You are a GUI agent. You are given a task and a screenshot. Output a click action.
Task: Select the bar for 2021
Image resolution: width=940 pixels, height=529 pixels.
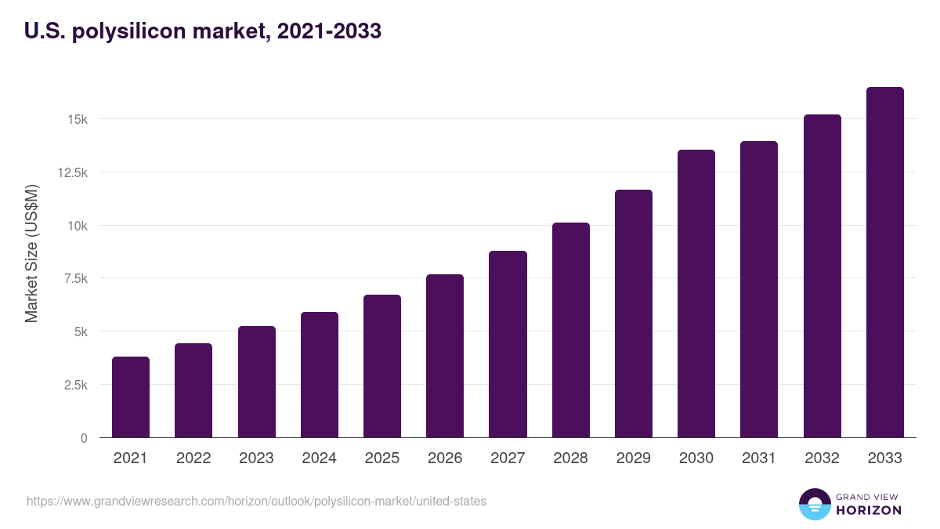[131, 397]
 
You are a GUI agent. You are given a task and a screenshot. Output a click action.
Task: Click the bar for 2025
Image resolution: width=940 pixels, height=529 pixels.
[382, 366]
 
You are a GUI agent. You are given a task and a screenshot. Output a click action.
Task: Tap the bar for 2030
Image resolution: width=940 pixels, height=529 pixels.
[696, 294]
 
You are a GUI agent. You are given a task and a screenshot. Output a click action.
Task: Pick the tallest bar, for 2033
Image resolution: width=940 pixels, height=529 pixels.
[884, 263]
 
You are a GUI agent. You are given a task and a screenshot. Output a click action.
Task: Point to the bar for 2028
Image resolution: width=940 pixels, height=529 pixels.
[570, 330]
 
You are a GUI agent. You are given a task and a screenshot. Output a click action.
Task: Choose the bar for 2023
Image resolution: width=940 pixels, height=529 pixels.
[256, 382]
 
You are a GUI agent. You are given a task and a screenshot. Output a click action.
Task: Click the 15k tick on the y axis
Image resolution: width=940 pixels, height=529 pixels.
[77, 119]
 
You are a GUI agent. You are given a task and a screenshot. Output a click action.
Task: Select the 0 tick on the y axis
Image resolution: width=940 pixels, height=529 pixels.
[83, 438]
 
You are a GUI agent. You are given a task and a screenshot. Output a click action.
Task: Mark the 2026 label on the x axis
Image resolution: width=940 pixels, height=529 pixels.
[445, 458]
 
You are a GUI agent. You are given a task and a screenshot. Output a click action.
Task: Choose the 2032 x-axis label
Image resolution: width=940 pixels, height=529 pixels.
[822, 458]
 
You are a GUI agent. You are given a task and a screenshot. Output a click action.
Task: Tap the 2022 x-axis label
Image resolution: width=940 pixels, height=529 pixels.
[193, 458]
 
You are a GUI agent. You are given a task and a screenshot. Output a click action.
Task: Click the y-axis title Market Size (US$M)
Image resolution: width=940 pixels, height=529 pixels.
[31, 254]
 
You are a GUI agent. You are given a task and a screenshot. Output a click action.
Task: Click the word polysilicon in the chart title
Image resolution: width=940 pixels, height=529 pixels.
[128, 31]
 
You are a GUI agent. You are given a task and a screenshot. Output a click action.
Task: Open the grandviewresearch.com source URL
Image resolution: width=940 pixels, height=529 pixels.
[256, 501]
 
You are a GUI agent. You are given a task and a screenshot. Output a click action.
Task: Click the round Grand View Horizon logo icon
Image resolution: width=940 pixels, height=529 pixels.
[815, 505]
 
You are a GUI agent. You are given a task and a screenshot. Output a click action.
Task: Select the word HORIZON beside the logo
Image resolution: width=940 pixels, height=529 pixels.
[869, 510]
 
